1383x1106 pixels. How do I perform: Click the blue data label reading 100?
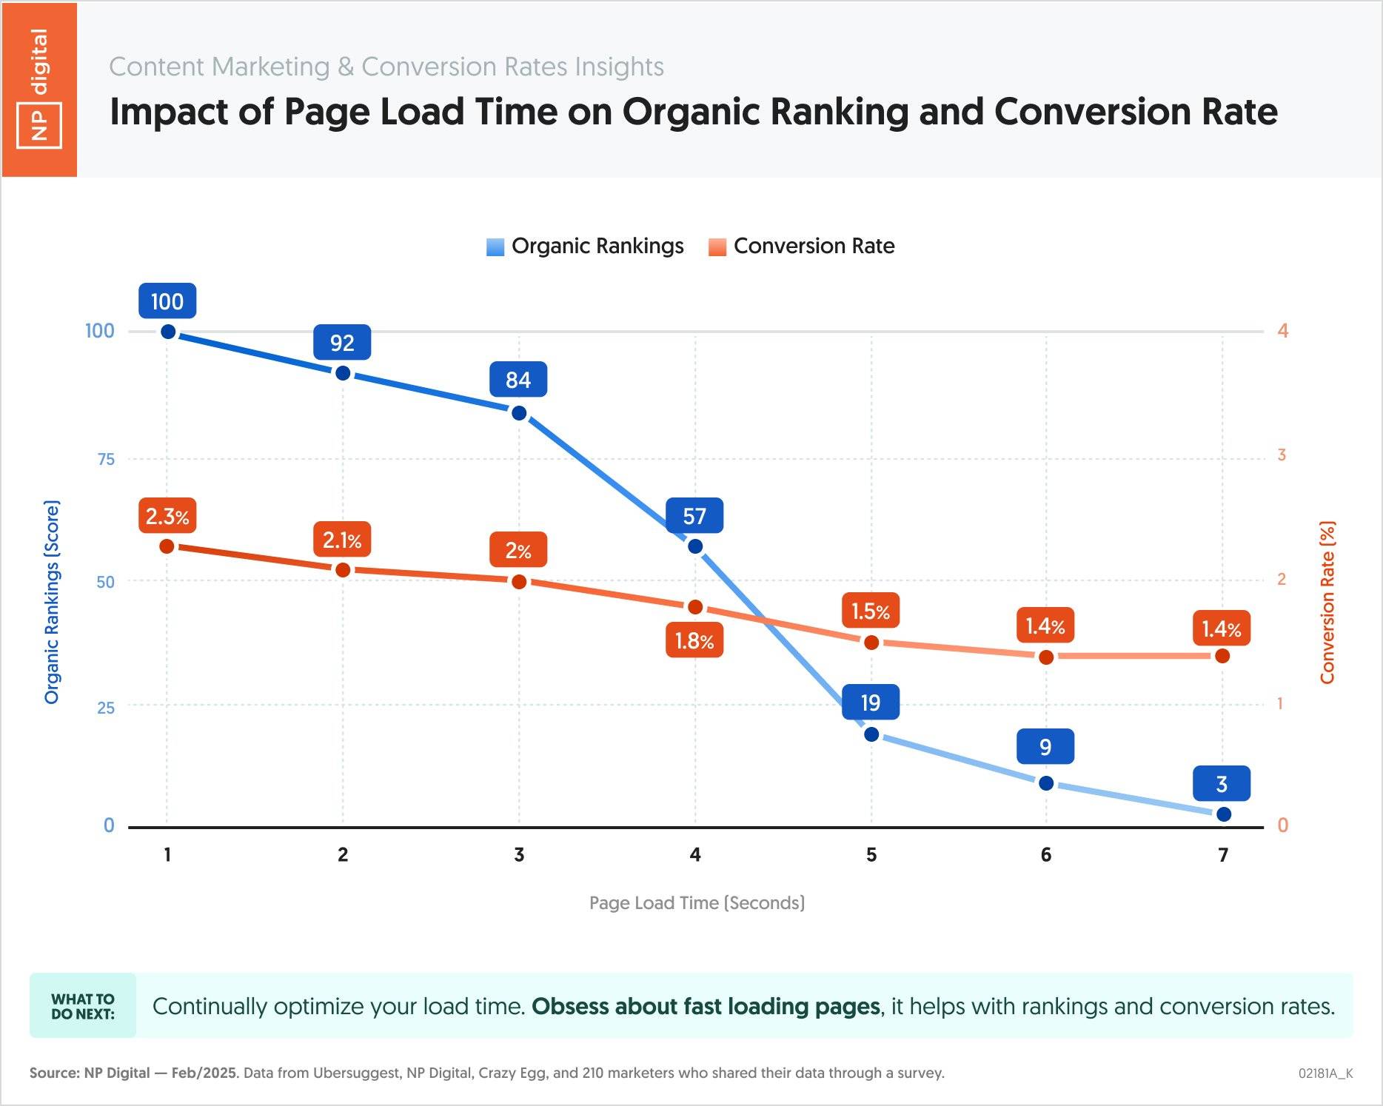(167, 301)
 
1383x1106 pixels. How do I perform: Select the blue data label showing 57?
(694, 516)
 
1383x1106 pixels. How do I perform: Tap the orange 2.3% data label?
(167, 516)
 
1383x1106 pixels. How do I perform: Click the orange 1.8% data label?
(694, 640)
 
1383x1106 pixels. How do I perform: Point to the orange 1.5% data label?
(871, 611)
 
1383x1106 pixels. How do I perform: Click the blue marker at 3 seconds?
(519, 413)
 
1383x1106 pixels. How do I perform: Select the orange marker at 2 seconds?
(343, 570)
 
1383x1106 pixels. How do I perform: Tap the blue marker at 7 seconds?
(1223, 814)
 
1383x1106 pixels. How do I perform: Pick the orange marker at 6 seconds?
(1046, 657)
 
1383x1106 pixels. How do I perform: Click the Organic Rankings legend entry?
(585, 246)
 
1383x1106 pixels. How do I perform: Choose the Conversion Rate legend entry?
(802, 246)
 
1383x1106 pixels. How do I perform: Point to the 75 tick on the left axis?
(106, 459)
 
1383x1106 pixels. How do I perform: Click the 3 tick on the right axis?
(1282, 455)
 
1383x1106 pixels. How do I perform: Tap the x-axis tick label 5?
(871, 855)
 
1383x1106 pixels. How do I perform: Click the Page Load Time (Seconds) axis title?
(697, 903)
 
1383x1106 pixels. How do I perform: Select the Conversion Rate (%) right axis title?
(1327, 603)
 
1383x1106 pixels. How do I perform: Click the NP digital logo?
(39, 89)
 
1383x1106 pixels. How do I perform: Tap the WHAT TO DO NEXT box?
(83, 1006)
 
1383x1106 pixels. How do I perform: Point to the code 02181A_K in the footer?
(1325, 1073)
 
